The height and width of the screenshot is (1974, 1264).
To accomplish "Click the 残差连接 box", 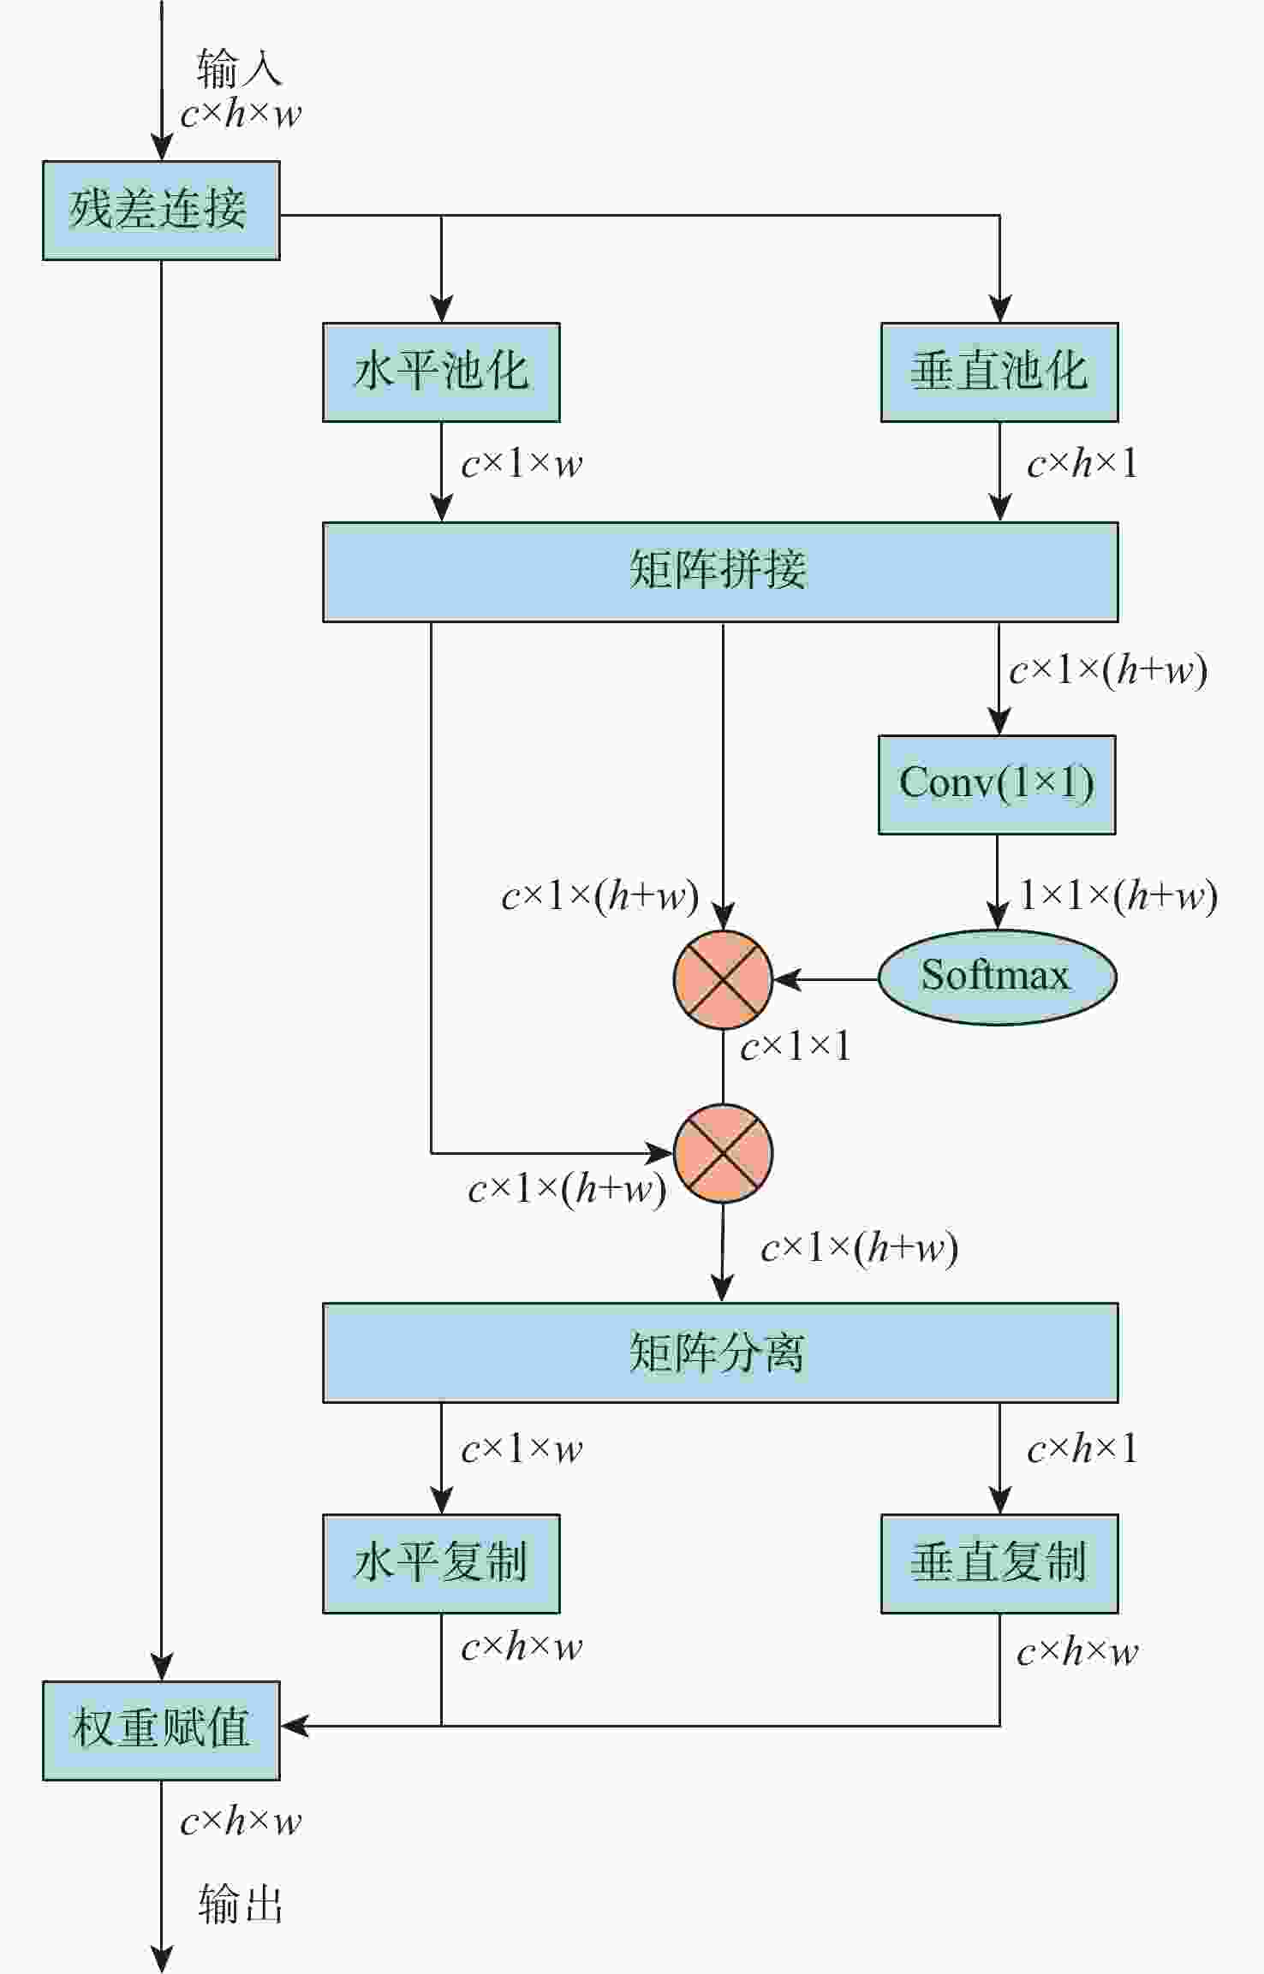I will [x=161, y=210].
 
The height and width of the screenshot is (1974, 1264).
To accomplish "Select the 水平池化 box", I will [x=441, y=372].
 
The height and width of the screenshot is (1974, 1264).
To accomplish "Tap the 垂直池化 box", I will [x=999, y=372].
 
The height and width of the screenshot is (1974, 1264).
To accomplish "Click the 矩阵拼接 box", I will [x=719, y=572].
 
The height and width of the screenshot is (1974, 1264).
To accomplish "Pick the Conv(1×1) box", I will [x=997, y=784].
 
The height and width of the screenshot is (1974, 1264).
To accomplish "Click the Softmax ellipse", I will [x=997, y=977].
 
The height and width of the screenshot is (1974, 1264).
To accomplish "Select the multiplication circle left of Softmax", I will [x=723, y=979].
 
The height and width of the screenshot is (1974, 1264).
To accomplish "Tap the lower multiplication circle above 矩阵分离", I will [x=723, y=1153].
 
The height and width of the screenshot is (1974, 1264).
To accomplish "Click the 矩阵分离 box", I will [x=719, y=1353].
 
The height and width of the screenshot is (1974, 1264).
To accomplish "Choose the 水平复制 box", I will [x=441, y=1564].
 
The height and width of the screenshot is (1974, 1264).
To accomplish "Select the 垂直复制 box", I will [x=999, y=1564].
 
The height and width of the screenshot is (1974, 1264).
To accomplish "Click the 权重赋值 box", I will [x=161, y=1730].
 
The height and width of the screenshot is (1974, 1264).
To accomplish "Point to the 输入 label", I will [x=239, y=68].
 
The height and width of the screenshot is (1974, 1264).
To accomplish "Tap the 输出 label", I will [x=241, y=1905].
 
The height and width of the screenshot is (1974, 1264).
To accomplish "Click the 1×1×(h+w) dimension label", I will [x=1118, y=895].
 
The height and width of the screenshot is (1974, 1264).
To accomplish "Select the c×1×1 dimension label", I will [x=796, y=1046].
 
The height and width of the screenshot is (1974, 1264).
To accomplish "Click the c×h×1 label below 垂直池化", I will [x=1082, y=464].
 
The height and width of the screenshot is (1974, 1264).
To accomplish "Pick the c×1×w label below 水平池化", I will [x=522, y=464].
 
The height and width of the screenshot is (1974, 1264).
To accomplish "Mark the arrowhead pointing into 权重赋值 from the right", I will [x=294, y=1726].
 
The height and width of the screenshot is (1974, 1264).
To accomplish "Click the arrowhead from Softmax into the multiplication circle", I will [x=786, y=979].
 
